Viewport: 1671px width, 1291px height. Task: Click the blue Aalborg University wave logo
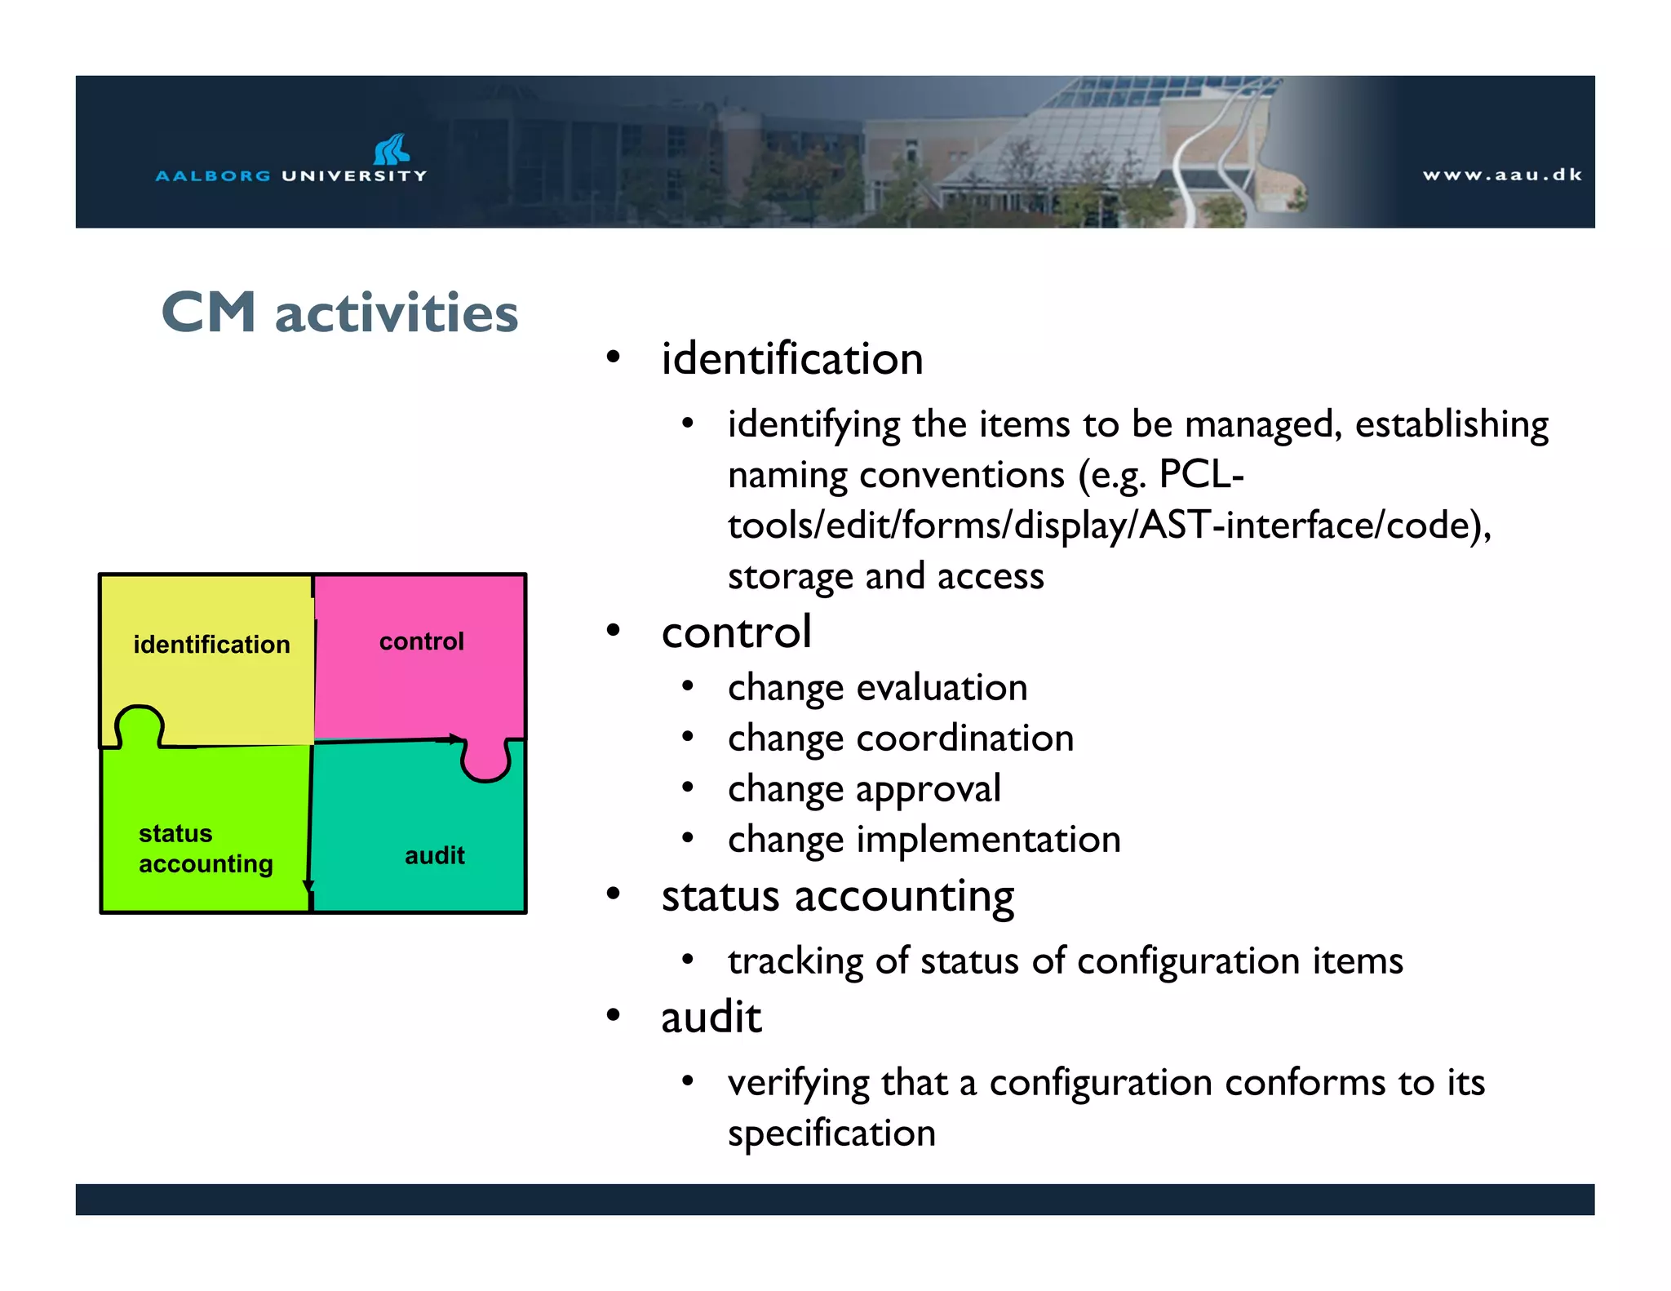[x=391, y=149]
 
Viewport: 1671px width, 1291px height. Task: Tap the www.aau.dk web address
[x=1501, y=175]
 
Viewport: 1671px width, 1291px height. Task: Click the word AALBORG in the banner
[x=213, y=175]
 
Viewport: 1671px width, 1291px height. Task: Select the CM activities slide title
[x=339, y=313]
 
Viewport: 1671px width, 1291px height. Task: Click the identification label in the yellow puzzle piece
[x=211, y=645]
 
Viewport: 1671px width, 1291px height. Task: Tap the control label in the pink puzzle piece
[x=421, y=641]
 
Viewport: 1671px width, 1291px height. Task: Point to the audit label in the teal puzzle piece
[x=434, y=855]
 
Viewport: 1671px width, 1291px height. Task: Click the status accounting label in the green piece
[x=205, y=849]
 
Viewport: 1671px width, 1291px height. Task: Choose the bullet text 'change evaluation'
[x=877, y=688]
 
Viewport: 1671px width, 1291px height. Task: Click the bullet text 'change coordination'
[x=900, y=739]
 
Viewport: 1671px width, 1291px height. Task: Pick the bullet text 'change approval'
[x=863, y=789]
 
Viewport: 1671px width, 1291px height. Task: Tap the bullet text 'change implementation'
[x=924, y=840]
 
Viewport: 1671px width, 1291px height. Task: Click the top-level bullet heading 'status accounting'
[x=837, y=896]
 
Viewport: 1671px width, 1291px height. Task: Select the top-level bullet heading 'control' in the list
[x=736, y=632]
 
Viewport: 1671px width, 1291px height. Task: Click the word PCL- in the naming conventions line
[x=1200, y=474]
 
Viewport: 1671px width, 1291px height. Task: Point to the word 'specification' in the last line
[x=831, y=1134]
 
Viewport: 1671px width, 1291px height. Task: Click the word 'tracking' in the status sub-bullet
[x=795, y=961]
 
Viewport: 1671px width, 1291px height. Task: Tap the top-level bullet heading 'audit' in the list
[x=711, y=1018]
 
